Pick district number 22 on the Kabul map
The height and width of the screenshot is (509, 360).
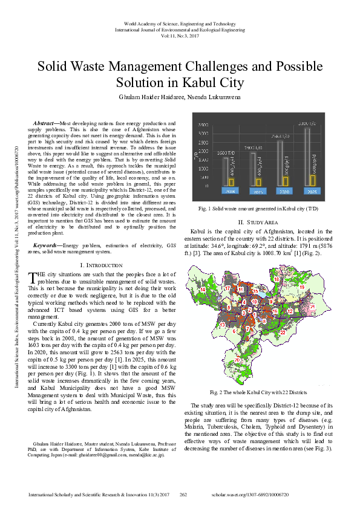[283, 331]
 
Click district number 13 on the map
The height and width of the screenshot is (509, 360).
[222, 325]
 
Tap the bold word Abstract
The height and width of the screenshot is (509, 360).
[45, 123]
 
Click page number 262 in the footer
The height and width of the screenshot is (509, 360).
[183, 494]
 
